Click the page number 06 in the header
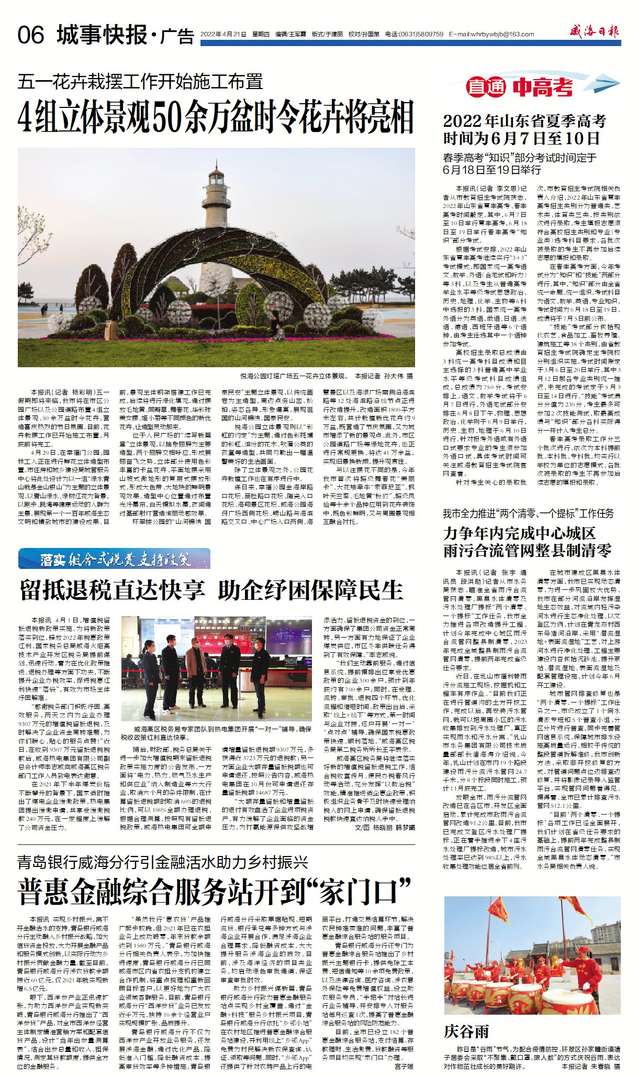[x=31, y=35]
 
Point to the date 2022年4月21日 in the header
[x=223, y=34]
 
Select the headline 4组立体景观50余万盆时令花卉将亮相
[x=216, y=116]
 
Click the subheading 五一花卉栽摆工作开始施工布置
[x=140, y=82]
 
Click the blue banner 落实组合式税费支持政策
[x=114, y=558]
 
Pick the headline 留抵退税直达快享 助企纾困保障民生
[x=211, y=590]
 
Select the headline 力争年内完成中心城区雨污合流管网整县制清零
[x=527, y=542]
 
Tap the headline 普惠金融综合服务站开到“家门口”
[x=215, y=893]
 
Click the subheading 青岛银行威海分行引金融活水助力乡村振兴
[x=162, y=862]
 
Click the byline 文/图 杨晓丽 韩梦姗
[x=385, y=827]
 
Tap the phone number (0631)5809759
[x=421, y=34]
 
